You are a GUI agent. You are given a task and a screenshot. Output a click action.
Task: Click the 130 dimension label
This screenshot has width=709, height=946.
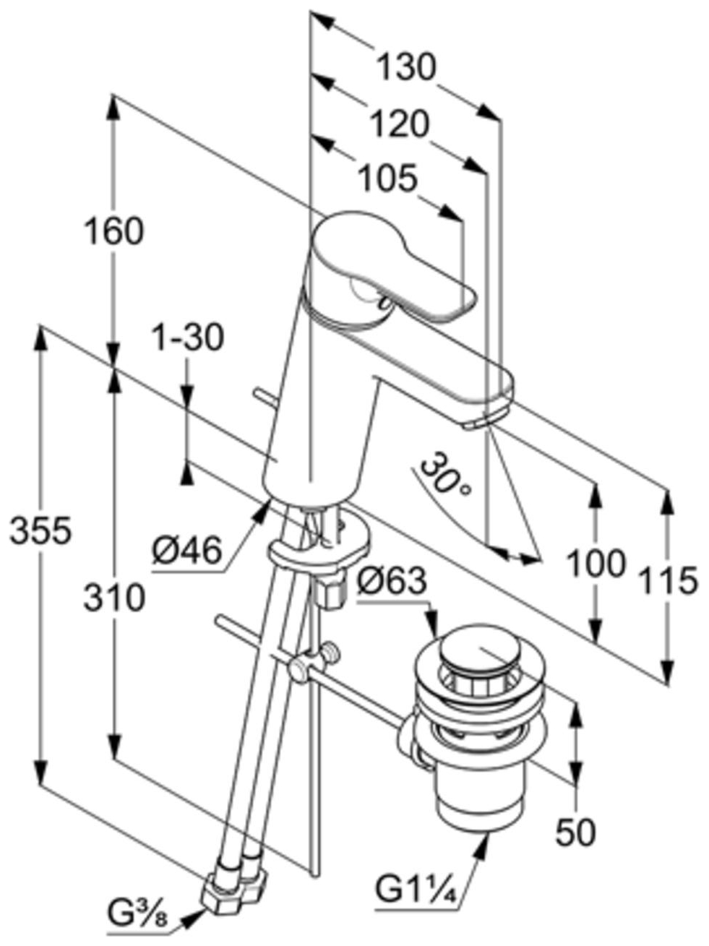[x=406, y=68]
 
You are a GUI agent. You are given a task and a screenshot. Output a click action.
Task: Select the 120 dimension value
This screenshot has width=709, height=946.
[x=400, y=124]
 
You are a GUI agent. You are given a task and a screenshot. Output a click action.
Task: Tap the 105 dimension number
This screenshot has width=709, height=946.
[x=390, y=178]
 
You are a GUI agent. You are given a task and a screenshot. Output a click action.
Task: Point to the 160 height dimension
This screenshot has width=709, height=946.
[x=114, y=231]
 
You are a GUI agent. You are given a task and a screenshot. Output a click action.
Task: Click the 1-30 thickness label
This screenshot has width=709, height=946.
[x=189, y=337]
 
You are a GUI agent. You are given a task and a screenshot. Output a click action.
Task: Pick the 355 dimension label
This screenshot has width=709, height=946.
[x=40, y=530]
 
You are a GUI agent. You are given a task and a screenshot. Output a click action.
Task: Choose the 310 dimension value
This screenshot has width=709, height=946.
[x=113, y=598]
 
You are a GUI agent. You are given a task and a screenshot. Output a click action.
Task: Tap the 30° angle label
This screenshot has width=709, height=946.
[x=444, y=474]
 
